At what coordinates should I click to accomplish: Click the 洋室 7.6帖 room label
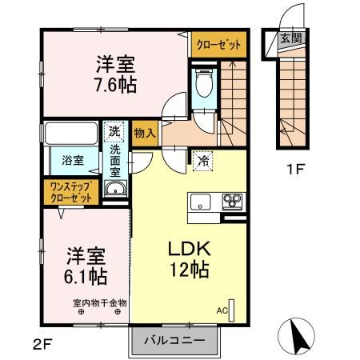(x=115, y=74)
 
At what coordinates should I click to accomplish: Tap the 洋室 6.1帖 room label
(x=86, y=266)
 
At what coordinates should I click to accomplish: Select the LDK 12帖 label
(x=188, y=259)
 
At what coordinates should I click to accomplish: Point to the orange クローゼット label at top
(x=218, y=46)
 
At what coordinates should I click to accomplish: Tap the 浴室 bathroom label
(x=73, y=159)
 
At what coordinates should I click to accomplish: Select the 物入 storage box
(x=144, y=133)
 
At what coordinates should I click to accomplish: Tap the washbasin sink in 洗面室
(x=116, y=189)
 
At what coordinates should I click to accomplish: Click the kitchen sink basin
(x=201, y=200)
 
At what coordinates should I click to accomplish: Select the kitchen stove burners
(x=232, y=200)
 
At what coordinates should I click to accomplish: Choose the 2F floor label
(x=43, y=345)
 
